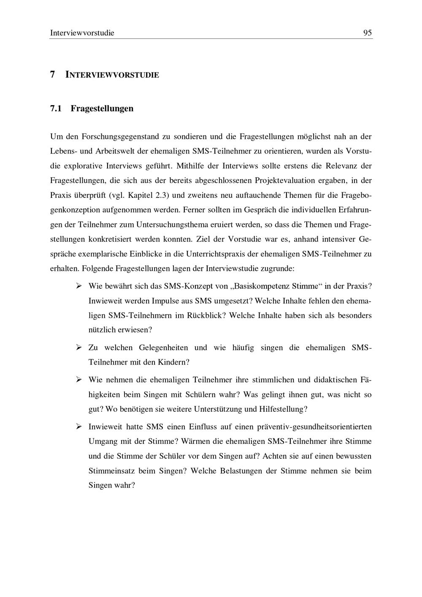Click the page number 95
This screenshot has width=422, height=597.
[x=367, y=33]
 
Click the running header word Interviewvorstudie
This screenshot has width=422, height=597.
[x=82, y=33]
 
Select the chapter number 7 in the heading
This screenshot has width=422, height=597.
[x=52, y=75]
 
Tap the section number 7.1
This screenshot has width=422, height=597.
[x=56, y=108]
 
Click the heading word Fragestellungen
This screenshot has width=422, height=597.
[x=102, y=108]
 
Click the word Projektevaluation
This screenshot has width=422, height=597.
[x=285, y=181]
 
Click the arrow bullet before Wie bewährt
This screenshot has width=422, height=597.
[x=78, y=286]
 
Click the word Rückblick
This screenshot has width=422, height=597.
[x=204, y=316]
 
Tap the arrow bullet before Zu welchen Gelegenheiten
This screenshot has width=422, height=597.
[x=78, y=348]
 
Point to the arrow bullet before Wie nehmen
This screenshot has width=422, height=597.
[x=78, y=380]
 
